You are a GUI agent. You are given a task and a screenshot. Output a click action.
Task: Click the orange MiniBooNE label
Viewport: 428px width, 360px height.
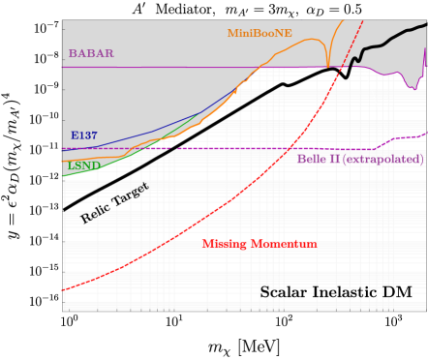click(260, 33)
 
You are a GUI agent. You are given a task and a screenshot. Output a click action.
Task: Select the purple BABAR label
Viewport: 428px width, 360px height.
click(90, 53)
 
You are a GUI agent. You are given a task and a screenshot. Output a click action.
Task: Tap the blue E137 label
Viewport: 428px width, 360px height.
click(84, 135)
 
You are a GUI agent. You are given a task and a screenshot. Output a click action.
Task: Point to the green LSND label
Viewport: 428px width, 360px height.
click(84, 165)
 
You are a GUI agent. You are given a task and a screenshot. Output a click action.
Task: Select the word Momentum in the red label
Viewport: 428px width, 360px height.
click(285, 244)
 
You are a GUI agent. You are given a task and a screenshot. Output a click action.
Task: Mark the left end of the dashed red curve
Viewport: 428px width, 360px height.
click(65, 289)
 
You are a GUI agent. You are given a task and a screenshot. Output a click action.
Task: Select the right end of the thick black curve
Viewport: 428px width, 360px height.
click(424, 24)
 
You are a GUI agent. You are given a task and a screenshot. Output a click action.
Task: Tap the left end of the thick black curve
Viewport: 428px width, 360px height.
click(65, 207)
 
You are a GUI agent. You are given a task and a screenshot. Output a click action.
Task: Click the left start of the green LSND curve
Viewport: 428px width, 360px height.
click(65, 177)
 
